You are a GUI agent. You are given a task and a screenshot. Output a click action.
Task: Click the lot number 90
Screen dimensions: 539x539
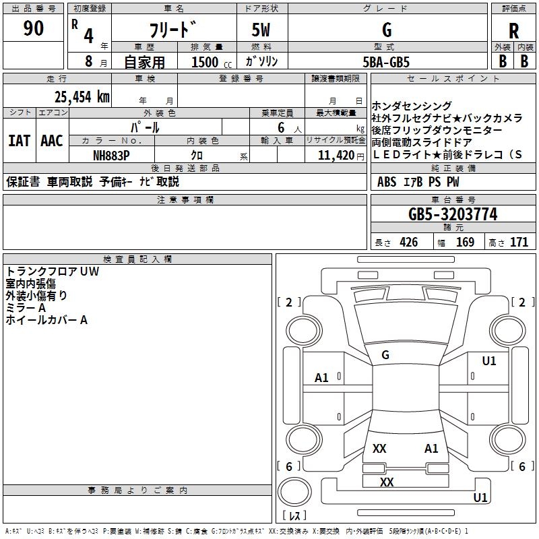(x=34, y=30)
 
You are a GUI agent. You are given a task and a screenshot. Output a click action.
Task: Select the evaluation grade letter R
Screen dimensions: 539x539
(x=513, y=32)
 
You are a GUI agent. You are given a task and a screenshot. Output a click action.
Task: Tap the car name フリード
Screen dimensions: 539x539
(x=172, y=31)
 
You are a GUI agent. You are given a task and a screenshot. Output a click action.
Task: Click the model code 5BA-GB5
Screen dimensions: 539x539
(x=386, y=61)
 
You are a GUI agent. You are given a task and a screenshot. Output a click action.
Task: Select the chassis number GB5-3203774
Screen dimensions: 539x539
(x=453, y=214)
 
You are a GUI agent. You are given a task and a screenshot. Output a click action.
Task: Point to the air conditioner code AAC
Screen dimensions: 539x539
(x=52, y=141)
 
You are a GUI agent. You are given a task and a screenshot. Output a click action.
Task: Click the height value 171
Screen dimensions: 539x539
(x=519, y=243)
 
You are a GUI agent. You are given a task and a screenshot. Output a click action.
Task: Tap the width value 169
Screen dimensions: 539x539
(x=466, y=243)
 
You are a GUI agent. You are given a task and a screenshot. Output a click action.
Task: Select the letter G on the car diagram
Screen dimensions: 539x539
(x=385, y=355)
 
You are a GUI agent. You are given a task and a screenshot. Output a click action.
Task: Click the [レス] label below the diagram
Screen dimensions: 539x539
(x=295, y=516)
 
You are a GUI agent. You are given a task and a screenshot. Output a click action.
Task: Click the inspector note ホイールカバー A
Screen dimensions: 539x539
(x=46, y=320)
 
